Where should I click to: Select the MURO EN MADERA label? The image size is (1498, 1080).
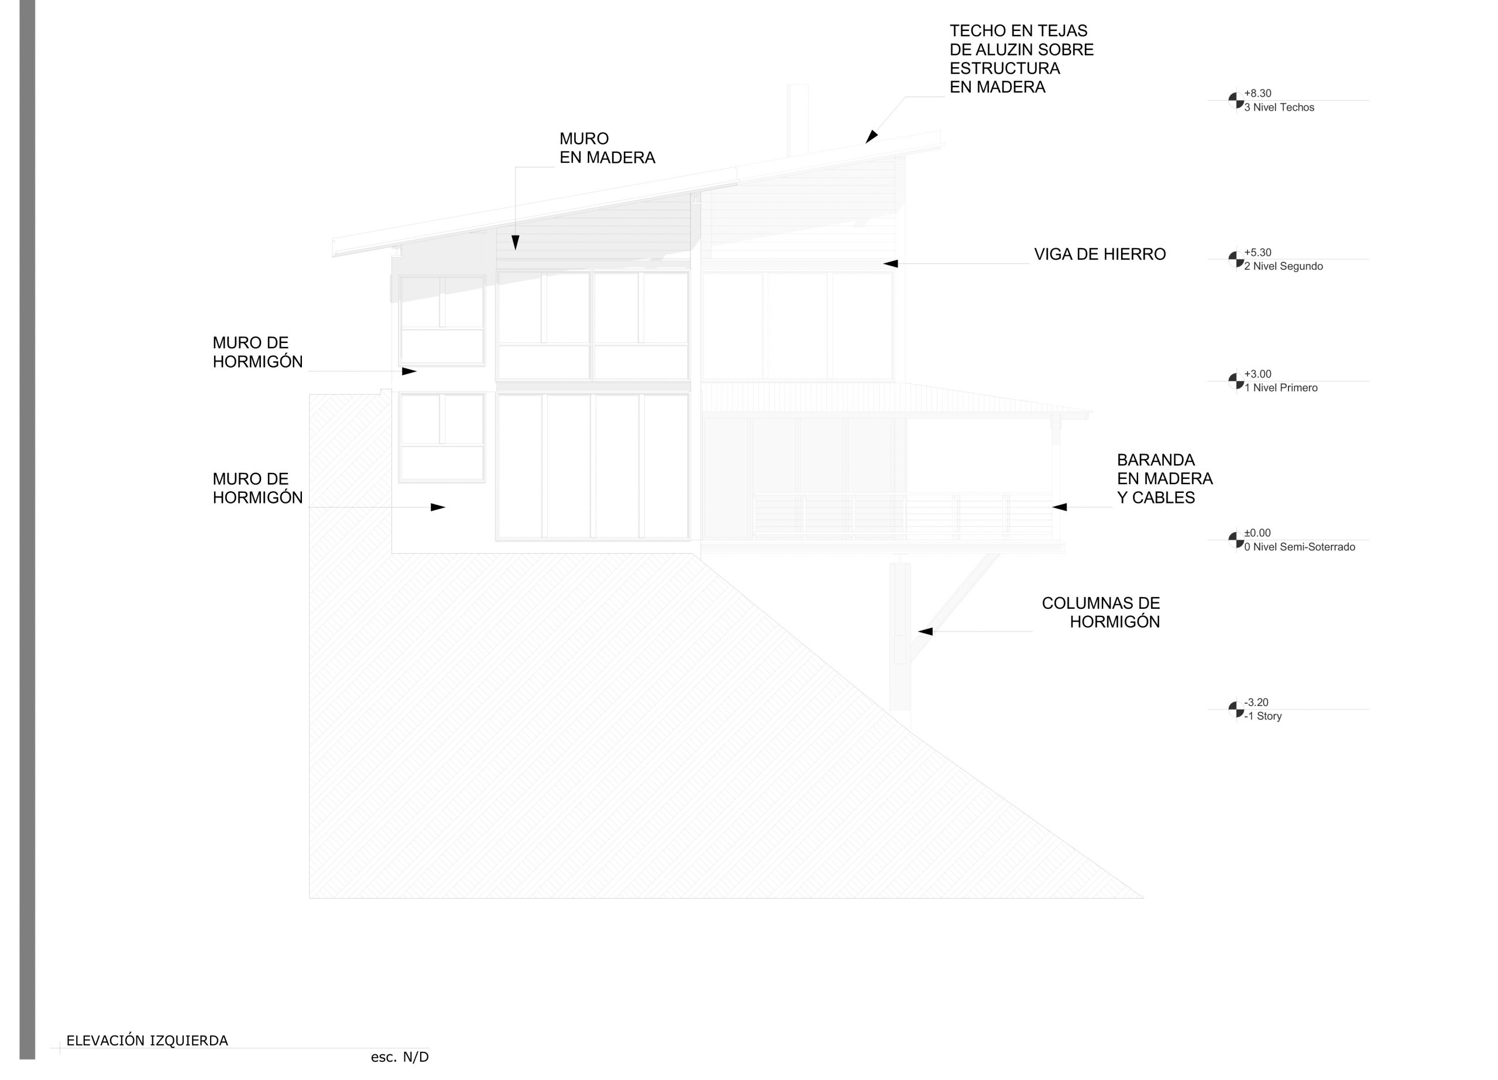click(607, 148)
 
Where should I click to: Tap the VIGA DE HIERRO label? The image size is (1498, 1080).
click(1100, 254)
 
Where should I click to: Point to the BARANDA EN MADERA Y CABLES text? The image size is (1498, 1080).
click(1165, 479)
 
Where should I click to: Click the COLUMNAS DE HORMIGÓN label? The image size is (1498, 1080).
click(1101, 612)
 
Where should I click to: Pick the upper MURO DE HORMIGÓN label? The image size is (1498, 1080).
click(257, 352)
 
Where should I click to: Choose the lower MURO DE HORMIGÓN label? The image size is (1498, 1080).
click(257, 488)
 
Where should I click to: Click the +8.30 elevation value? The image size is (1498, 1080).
click(1258, 94)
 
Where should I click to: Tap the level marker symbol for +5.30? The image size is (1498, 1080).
click(1236, 259)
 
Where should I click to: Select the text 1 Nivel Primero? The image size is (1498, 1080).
click(1281, 388)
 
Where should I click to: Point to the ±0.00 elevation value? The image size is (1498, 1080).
click(1258, 533)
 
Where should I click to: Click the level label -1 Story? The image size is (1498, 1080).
click(1263, 716)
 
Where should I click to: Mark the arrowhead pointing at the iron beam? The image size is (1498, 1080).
click(891, 263)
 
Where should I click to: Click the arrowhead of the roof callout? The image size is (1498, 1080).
click(871, 138)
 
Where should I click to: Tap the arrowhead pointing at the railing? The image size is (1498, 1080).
click(1059, 508)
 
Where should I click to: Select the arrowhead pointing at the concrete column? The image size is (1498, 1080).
click(925, 632)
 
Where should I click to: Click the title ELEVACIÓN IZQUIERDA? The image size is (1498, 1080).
click(147, 1041)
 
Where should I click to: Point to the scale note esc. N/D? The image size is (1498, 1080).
click(400, 1058)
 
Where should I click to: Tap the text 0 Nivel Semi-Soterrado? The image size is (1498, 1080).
click(1300, 547)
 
